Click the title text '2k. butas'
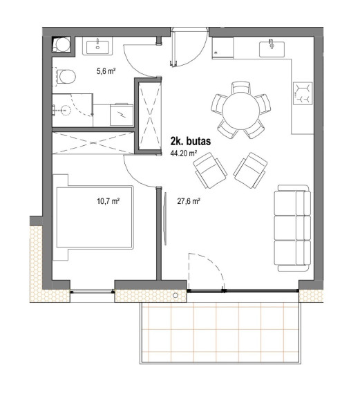(x=191, y=141)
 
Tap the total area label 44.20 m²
(x=183, y=153)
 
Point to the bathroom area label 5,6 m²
(x=106, y=71)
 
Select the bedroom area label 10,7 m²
(x=108, y=201)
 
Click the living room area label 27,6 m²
(x=189, y=201)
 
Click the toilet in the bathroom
(x=64, y=77)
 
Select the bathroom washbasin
(x=97, y=46)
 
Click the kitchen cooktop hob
(x=303, y=93)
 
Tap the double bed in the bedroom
(x=93, y=217)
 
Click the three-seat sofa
(x=292, y=228)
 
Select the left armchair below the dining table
(x=210, y=170)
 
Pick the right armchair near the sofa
(x=250, y=170)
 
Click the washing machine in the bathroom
(x=122, y=115)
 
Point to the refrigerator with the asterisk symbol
(x=222, y=48)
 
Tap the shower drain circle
(x=66, y=110)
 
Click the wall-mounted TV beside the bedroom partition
(x=165, y=218)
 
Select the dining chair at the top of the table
(x=241, y=88)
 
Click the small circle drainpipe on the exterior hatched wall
(x=176, y=296)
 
